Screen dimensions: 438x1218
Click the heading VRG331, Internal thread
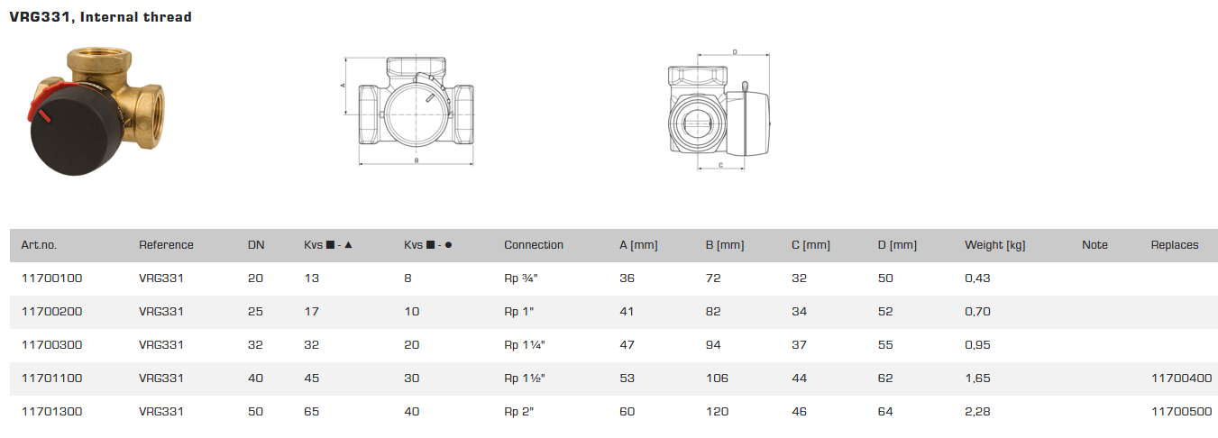click(x=100, y=17)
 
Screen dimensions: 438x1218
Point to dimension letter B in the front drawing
click(x=416, y=160)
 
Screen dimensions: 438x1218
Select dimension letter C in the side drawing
click(x=722, y=165)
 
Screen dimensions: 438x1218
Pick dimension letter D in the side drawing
click(x=735, y=53)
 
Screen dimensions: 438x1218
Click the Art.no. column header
click(x=39, y=245)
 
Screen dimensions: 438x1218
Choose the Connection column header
click(x=534, y=245)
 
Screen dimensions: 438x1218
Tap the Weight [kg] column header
click(x=994, y=245)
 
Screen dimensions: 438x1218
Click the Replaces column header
click(x=1175, y=245)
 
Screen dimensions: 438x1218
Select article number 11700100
click(x=50, y=278)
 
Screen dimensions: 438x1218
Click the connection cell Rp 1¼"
click(x=525, y=345)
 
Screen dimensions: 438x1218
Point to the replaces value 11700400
click(x=1181, y=379)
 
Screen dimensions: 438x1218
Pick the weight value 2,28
click(x=977, y=412)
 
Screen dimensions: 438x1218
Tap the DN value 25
click(x=255, y=312)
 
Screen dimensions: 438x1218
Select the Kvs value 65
click(x=311, y=412)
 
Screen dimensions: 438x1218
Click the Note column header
click(x=1094, y=245)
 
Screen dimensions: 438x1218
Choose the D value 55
click(x=885, y=345)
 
